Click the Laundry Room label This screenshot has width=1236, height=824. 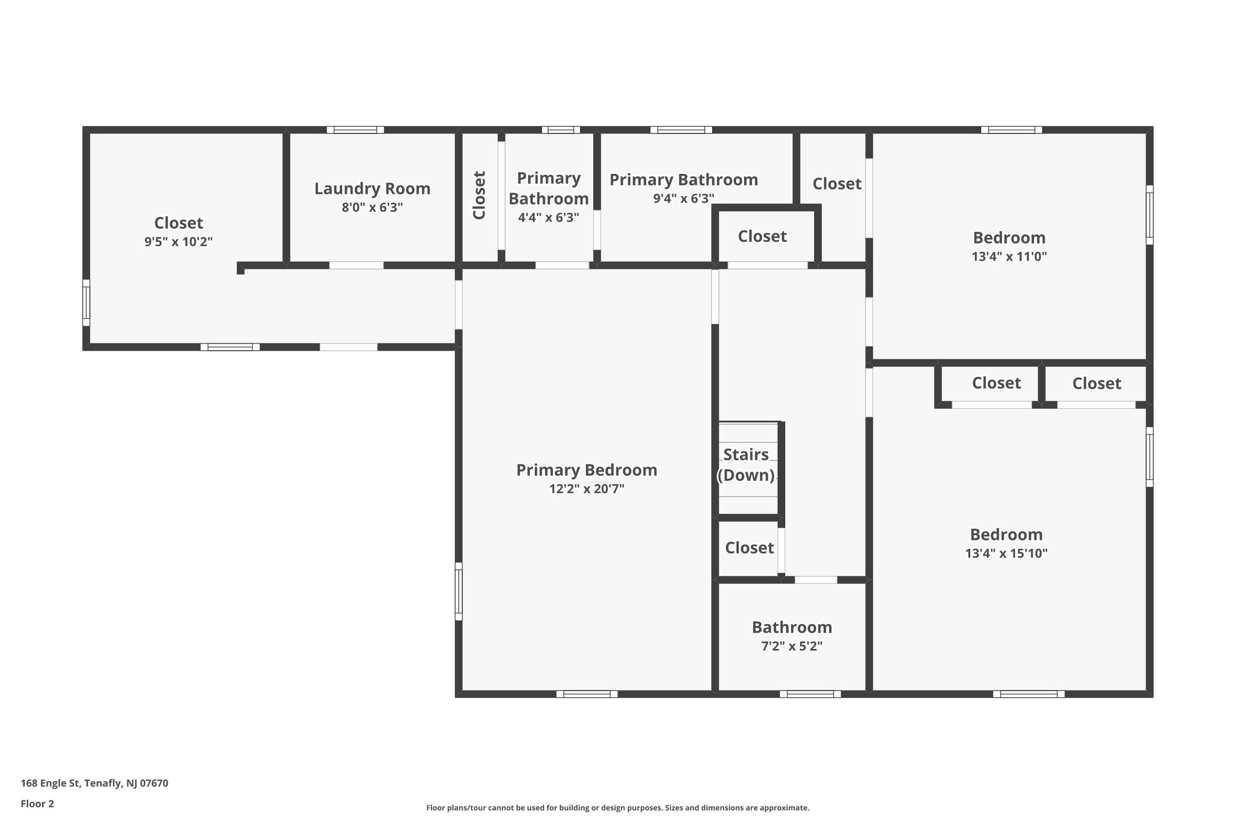pos(372,189)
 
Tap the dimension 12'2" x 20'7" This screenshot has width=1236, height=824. pos(587,489)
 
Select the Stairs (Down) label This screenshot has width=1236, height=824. pos(746,465)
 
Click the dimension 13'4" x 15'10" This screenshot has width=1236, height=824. pos(1006,554)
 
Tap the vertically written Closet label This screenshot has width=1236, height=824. pos(479,195)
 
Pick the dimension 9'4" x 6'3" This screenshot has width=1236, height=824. pos(684,199)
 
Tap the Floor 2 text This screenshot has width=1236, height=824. pos(37,804)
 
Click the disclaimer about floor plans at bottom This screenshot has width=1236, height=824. pos(617,808)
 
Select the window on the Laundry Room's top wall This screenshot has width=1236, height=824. pos(355,130)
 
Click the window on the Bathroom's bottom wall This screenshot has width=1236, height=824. pos(810,694)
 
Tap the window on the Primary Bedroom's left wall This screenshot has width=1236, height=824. pos(459,591)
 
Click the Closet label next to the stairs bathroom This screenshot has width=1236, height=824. pos(749,548)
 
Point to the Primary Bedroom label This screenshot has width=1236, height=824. pos(587,470)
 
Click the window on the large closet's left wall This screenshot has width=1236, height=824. pos(86,302)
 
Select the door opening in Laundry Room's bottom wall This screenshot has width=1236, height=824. pos(356,266)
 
